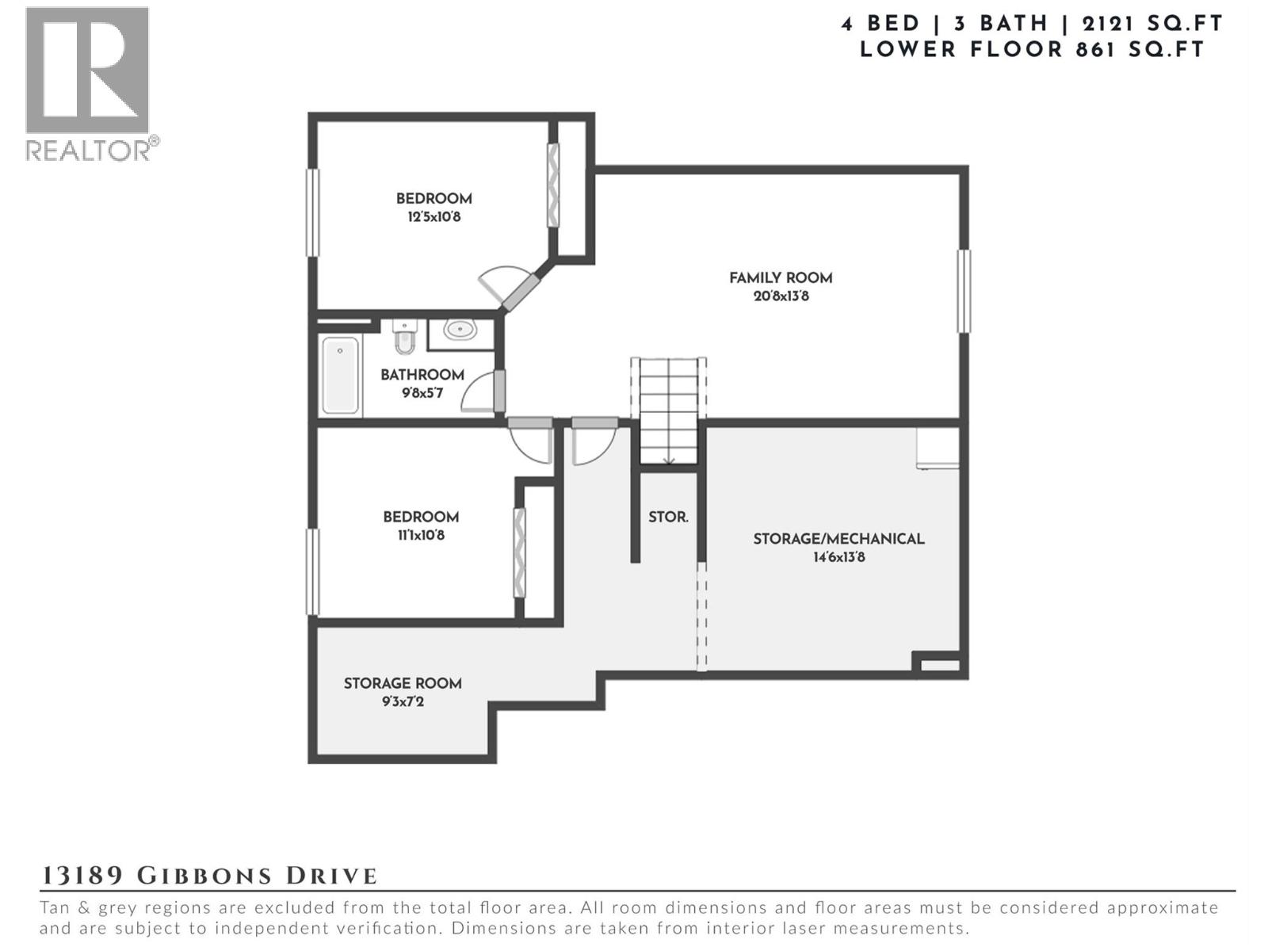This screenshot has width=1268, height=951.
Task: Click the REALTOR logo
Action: [x=92, y=84]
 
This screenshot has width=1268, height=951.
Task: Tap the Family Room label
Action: [x=781, y=278]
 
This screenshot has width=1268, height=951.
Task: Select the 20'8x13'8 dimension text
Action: [x=781, y=296]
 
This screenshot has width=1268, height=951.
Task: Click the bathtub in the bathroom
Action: [x=340, y=376]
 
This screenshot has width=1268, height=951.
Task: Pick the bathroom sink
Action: [x=460, y=330]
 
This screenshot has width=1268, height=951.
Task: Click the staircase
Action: [x=668, y=411]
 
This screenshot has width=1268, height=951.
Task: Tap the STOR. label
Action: [x=668, y=517]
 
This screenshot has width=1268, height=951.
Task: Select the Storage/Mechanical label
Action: [x=838, y=540]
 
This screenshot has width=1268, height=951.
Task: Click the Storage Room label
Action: [x=403, y=684]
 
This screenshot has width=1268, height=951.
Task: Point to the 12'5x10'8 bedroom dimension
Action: [x=433, y=217]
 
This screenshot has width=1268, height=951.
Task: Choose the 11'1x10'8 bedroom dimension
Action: [x=421, y=535]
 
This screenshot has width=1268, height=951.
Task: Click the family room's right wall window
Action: [x=964, y=291]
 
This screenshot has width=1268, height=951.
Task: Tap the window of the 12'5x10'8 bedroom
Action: [x=312, y=212]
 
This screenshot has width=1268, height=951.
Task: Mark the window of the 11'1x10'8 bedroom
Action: [x=312, y=571]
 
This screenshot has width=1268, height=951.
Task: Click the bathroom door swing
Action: [x=479, y=391]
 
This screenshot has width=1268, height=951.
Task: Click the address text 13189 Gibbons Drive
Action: [x=208, y=876]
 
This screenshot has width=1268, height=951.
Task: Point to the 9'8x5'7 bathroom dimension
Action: [x=422, y=393]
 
